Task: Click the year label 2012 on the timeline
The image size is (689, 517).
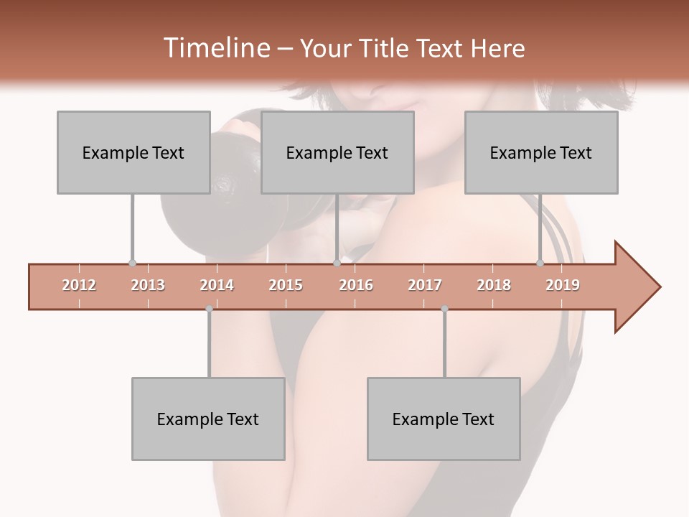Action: (79, 286)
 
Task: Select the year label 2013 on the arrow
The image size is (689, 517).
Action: (148, 286)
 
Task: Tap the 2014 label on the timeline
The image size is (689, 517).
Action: (217, 286)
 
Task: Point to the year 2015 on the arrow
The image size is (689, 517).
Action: (286, 286)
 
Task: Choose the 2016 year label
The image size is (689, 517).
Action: (356, 286)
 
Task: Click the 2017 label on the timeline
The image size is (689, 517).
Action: (425, 286)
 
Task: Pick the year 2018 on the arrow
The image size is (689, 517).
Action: (494, 286)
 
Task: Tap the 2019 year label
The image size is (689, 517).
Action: (563, 286)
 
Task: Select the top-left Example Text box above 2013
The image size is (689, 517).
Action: (133, 152)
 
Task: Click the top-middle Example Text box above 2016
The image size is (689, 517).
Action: (337, 152)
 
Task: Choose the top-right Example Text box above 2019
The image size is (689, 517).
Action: (541, 152)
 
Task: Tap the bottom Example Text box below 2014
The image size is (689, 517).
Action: (208, 419)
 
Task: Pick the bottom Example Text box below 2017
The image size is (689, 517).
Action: (444, 419)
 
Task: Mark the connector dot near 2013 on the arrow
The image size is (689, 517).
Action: (132, 264)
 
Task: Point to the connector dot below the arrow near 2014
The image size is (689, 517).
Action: (209, 309)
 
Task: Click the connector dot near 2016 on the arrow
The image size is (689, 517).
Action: (337, 264)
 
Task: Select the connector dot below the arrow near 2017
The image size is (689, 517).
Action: (444, 309)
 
